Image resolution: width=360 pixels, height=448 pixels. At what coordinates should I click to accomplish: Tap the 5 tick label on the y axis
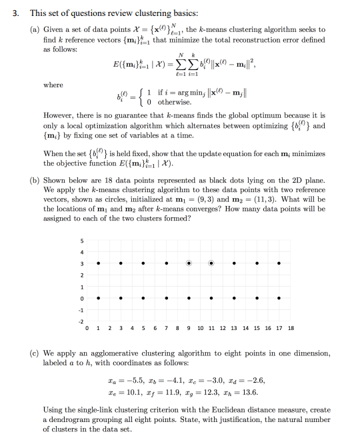coord(82,240)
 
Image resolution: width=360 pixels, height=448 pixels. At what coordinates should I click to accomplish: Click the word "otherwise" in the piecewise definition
coord(176,102)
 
